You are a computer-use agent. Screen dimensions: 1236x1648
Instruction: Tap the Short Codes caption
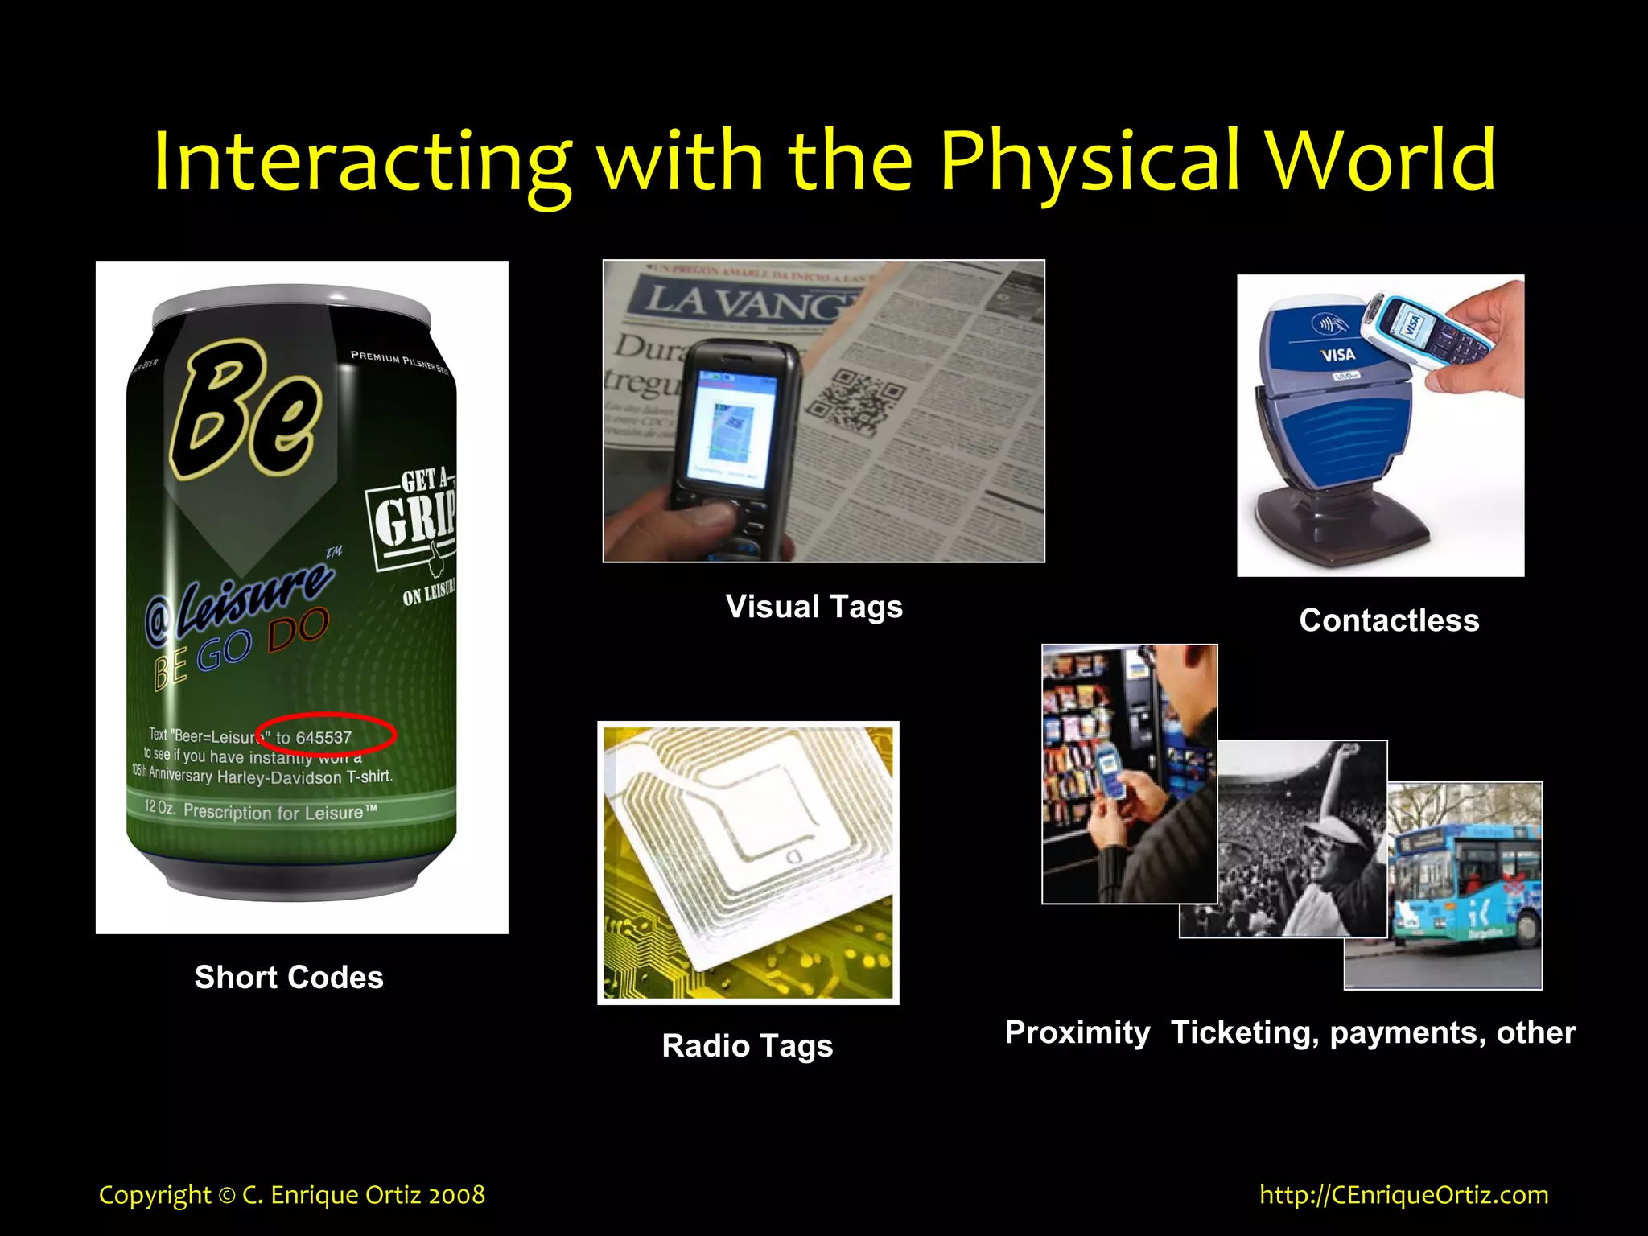point(289,977)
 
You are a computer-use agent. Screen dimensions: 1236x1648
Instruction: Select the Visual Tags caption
point(814,607)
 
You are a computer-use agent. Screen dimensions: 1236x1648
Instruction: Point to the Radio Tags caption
point(747,1045)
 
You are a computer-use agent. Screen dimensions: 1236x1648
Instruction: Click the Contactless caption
point(1389,620)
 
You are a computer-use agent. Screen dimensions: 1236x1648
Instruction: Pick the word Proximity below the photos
point(1077,1032)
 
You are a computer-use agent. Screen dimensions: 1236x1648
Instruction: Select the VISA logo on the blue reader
point(1337,355)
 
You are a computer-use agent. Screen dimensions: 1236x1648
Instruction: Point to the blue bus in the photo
point(1465,885)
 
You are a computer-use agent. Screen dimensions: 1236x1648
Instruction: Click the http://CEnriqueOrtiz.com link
point(1403,1194)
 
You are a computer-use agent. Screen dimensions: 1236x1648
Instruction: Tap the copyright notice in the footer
point(291,1194)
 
